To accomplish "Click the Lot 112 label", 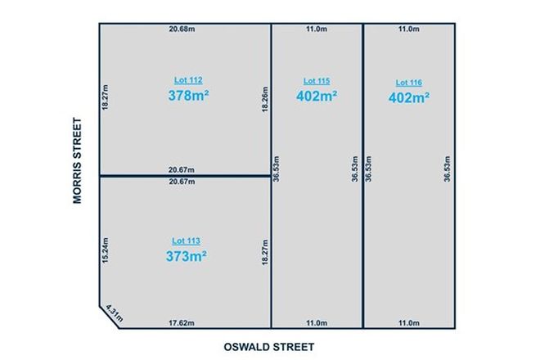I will (188, 80).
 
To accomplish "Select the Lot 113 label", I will (187, 241).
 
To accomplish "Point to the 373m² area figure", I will (187, 256).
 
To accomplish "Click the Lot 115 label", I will (317, 80).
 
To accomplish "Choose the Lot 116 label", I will (408, 83).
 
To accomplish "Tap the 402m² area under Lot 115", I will (317, 95).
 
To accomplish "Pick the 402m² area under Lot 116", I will (408, 98).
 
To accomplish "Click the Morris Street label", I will (78, 162).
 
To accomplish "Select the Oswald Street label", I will (269, 347).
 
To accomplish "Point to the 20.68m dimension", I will (182, 30).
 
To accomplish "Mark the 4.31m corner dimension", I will (115, 312).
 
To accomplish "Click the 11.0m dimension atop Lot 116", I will (408, 30).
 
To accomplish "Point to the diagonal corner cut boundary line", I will (110, 317).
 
